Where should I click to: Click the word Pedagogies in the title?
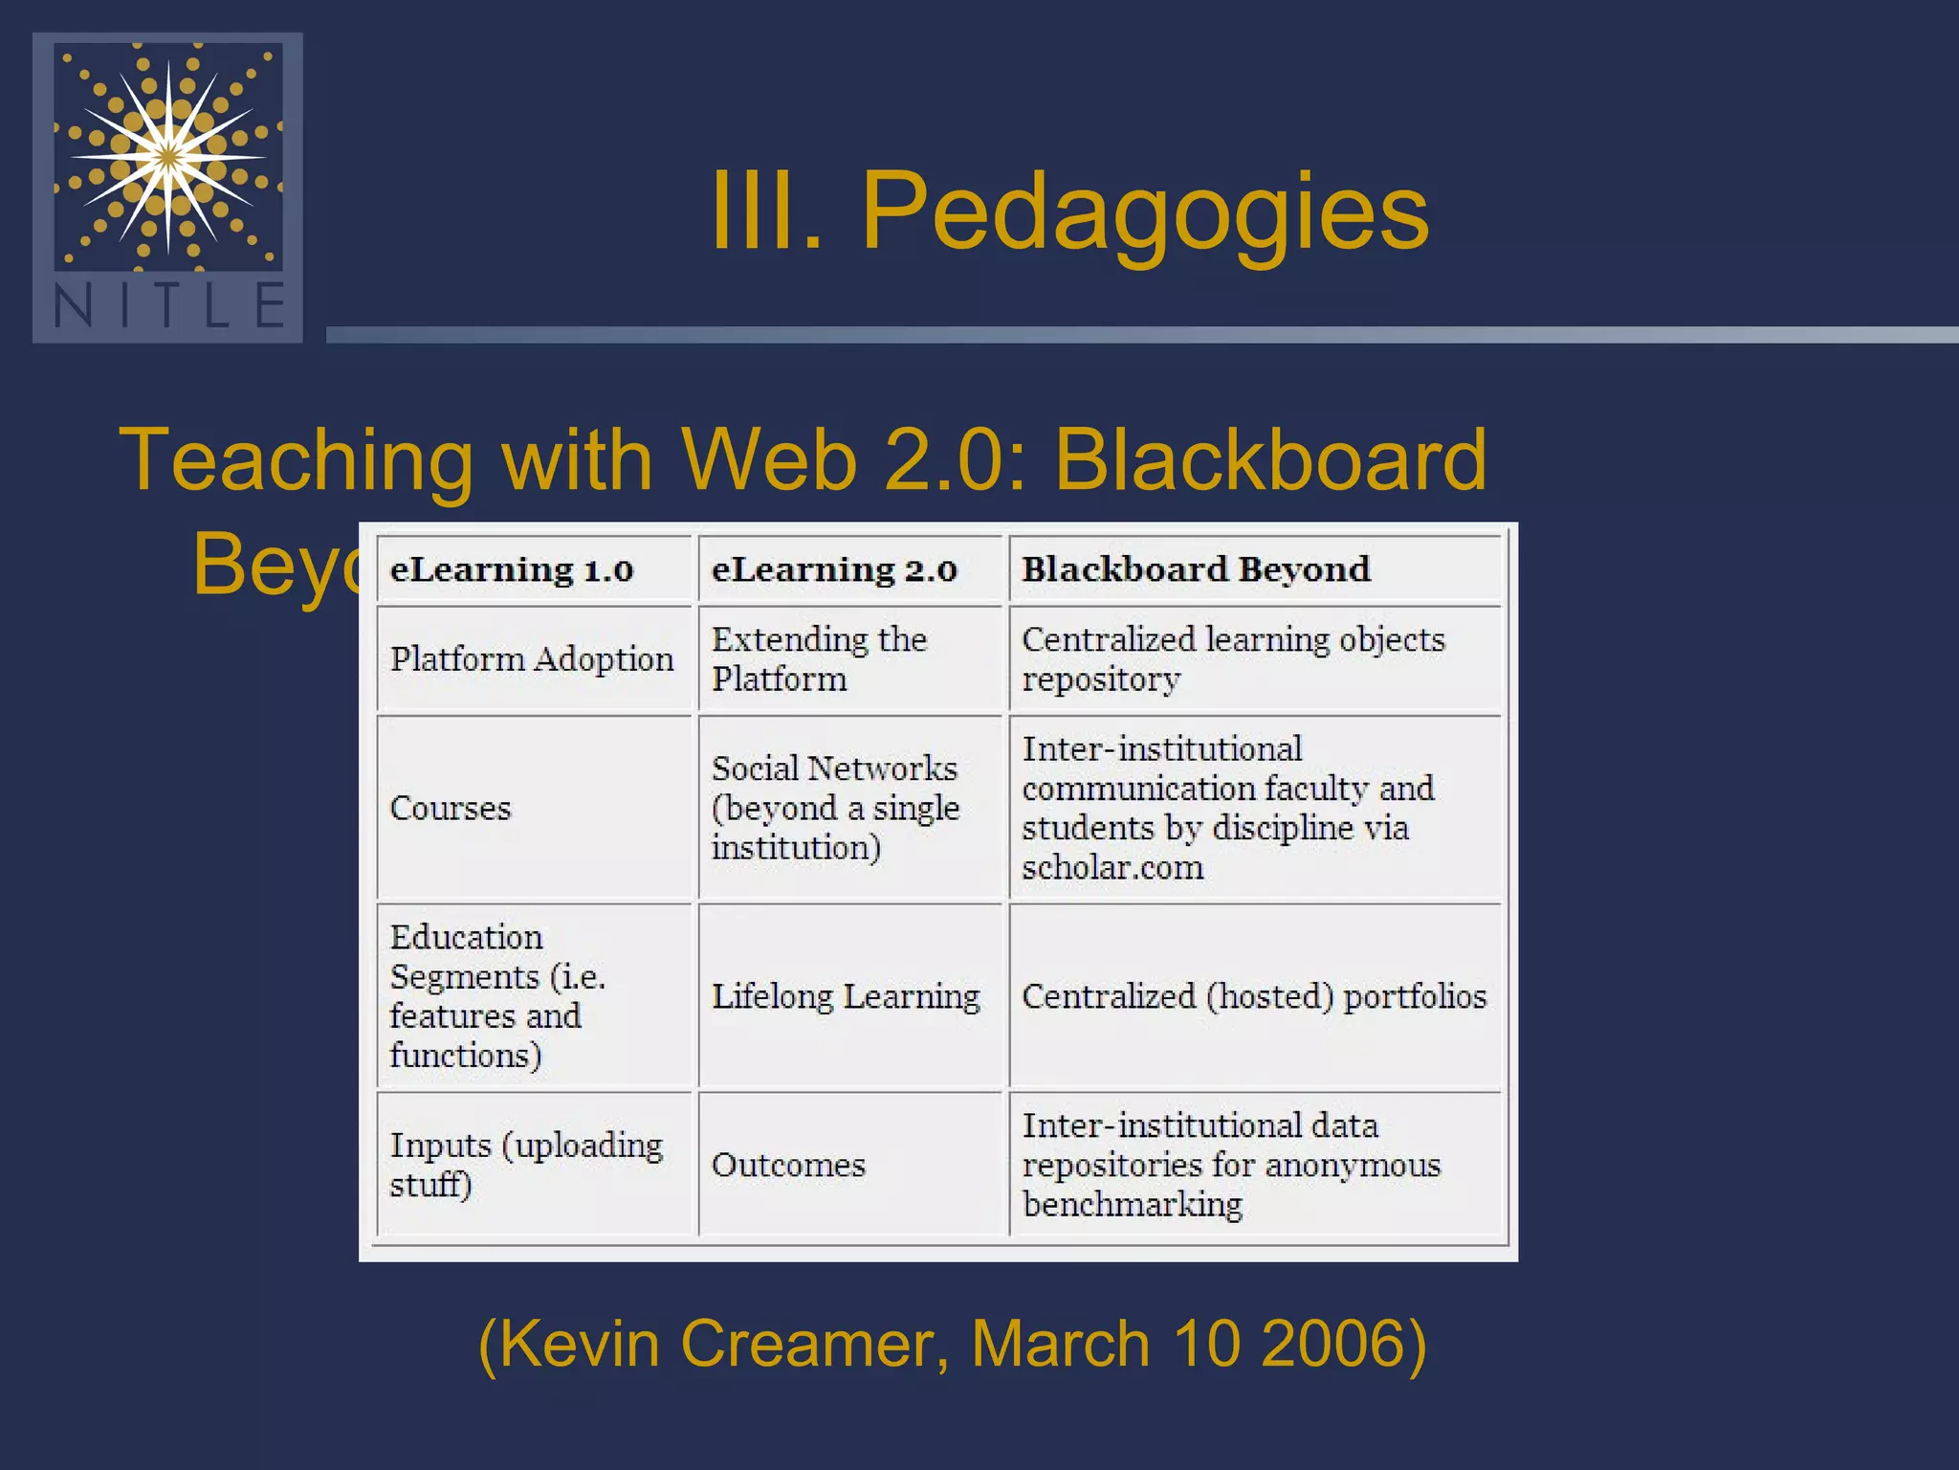click(x=1144, y=212)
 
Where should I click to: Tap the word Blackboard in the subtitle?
click(x=1270, y=460)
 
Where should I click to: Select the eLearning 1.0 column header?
click(x=512, y=570)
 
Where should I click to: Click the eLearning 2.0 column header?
click(x=834, y=570)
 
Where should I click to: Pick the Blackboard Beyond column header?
click(x=1196, y=570)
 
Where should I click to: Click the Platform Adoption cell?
click(x=532, y=659)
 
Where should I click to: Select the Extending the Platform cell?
click(x=819, y=659)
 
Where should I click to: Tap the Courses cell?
click(x=451, y=809)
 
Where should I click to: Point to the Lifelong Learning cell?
click(x=846, y=997)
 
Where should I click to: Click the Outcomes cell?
click(x=788, y=1166)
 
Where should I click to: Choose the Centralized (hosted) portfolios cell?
click(x=1254, y=997)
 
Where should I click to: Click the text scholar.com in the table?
click(x=1112, y=868)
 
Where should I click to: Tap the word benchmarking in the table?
click(x=1133, y=1205)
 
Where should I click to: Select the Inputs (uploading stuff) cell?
click(x=526, y=1166)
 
